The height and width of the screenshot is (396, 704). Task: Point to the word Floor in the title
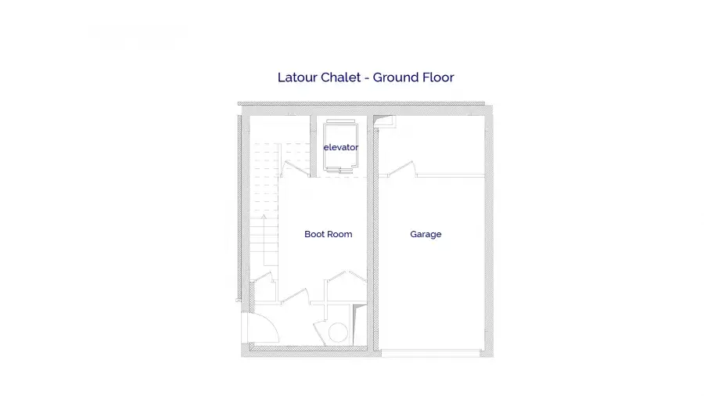438,77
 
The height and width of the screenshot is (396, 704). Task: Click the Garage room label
426,234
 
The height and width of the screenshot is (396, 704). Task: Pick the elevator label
341,147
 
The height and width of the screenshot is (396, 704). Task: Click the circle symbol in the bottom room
338,333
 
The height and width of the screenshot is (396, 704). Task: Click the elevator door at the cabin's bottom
340,170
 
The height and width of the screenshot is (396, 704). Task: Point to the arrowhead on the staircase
264,217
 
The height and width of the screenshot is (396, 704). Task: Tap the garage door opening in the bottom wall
431,354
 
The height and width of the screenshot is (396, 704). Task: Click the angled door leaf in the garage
401,168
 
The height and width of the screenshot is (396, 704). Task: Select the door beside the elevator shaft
296,169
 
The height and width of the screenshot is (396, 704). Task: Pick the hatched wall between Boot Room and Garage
371,233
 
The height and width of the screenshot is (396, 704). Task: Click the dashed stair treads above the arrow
264,178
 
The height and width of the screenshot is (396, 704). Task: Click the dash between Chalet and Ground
367,78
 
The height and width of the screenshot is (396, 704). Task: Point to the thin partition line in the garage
451,175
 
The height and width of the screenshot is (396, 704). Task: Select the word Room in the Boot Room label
340,234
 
